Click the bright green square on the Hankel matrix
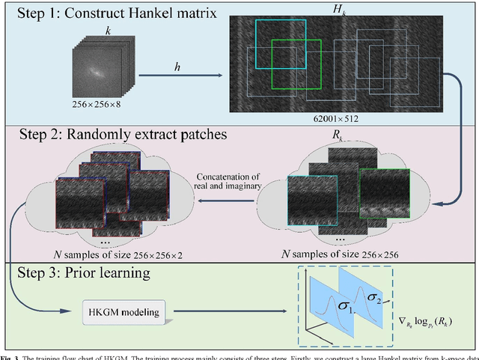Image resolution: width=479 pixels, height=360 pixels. click(x=296, y=67)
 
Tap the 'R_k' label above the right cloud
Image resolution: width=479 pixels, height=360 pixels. click(x=329, y=137)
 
